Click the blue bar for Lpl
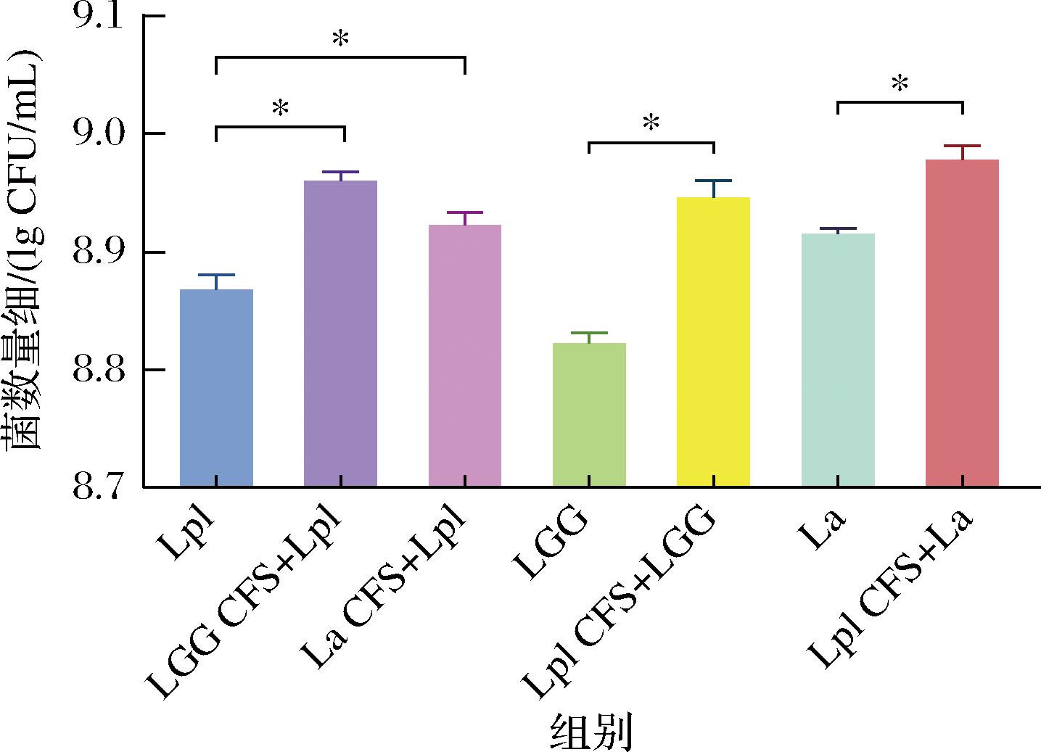point(216,388)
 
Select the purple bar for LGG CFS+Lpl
point(340,334)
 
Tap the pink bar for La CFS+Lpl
point(465,355)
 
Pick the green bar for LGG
point(589,414)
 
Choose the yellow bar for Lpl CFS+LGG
point(713,342)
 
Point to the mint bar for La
point(838,360)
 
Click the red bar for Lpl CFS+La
point(963,323)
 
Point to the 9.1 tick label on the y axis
point(99,17)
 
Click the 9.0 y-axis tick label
point(99,135)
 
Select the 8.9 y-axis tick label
point(99,253)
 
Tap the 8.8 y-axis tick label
point(99,371)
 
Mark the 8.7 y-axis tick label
point(99,487)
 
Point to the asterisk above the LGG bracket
point(651,124)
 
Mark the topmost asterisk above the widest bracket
point(340,39)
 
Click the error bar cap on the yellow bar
point(713,181)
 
